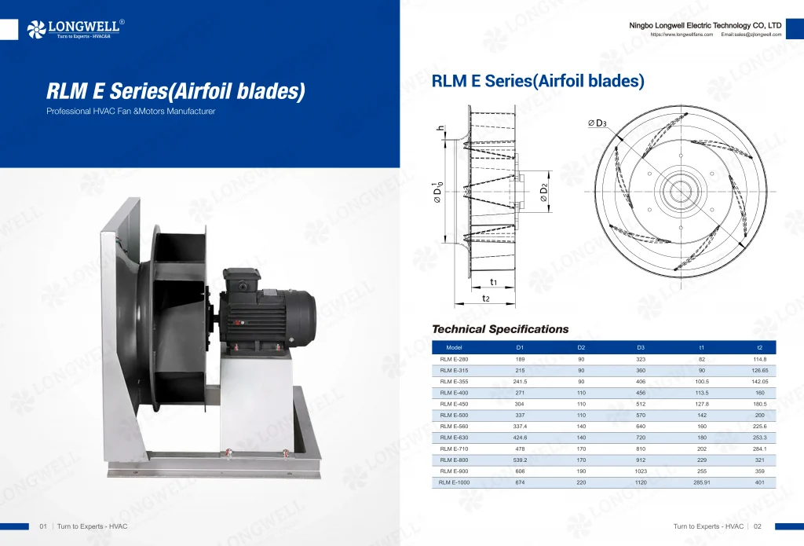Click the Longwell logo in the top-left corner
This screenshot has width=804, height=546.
(x=74, y=29)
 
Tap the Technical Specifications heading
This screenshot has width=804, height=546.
(x=500, y=329)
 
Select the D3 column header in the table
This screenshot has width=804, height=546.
(x=641, y=347)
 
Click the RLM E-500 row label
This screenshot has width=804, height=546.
(x=454, y=415)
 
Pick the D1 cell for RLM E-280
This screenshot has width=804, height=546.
(x=520, y=359)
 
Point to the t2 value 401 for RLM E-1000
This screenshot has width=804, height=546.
(x=759, y=482)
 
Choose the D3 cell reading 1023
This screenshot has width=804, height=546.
(x=641, y=471)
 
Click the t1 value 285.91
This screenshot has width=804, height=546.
(x=702, y=482)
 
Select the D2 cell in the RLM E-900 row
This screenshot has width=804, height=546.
(x=581, y=471)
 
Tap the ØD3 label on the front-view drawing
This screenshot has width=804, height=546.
(x=598, y=123)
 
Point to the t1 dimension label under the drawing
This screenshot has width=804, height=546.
(x=493, y=281)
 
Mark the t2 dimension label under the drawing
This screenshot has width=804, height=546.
(x=486, y=299)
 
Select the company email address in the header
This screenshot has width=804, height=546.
(x=751, y=35)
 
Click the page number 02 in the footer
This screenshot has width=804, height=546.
(x=758, y=526)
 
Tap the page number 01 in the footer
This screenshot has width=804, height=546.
(x=44, y=526)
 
